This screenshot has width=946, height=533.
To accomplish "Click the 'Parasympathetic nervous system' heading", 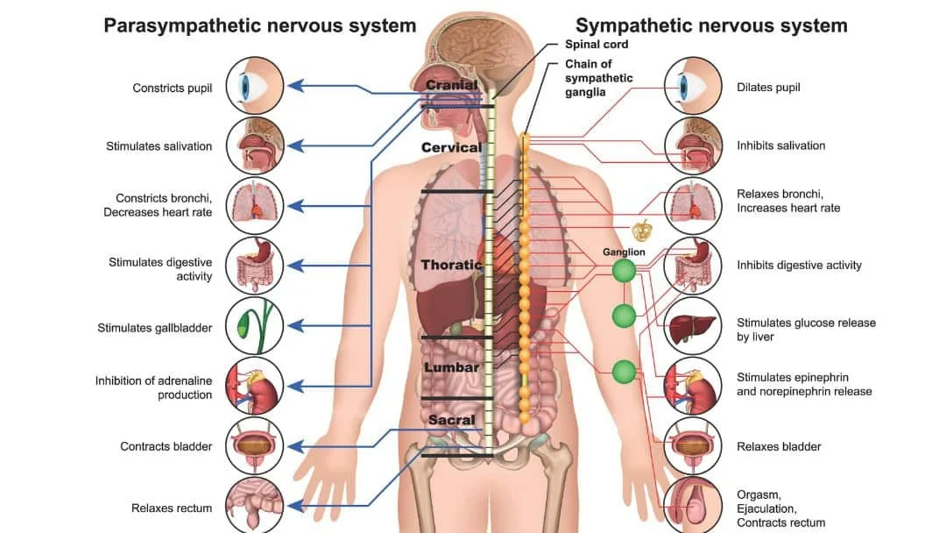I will (x=259, y=25).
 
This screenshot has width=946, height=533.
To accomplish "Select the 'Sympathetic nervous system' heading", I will (x=711, y=25).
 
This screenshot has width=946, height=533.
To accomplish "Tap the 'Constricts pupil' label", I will (x=173, y=88).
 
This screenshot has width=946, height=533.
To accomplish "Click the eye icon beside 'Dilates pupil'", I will (x=693, y=86).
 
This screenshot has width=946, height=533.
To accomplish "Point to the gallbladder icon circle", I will (x=255, y=326).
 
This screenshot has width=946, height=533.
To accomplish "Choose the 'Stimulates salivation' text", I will (x=159, y=146).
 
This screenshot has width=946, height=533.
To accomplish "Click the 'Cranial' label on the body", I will (x=451, y=86).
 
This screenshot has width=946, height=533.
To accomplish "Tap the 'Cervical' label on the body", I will (x=451, y=147).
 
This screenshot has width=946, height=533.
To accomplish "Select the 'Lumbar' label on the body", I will (x=451, y=367).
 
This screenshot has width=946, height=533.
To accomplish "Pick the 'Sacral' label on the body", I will (x=451, y=420).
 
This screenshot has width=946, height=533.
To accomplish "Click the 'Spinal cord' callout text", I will (x=597, y=45).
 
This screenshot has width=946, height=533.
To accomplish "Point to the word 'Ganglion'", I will (x=624, y=252).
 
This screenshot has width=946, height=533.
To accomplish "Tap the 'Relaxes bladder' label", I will (x=779, y=446).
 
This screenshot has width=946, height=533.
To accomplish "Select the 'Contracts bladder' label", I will (x=166, y=446).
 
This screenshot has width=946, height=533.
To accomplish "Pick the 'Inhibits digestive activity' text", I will (x=799, y=265).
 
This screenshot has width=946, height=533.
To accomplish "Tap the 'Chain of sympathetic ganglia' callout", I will (x=598, y=78).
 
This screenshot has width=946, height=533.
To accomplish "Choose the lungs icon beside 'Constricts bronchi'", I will (x=255, y=205).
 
